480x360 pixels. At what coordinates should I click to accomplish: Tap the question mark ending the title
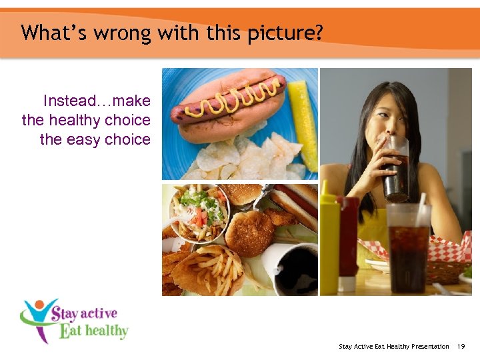[318, 32]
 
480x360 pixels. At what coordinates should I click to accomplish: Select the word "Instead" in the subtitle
[70, 101]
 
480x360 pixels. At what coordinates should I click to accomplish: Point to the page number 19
[461, 347]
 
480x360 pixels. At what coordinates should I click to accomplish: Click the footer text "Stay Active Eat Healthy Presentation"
[394, 347]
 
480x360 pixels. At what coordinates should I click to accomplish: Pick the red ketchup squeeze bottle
[347, 243]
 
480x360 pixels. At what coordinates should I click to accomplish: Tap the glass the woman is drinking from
[396, 170]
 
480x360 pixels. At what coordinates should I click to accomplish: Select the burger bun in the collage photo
[248, 229]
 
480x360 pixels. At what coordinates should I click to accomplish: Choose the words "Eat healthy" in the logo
[93, 330]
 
